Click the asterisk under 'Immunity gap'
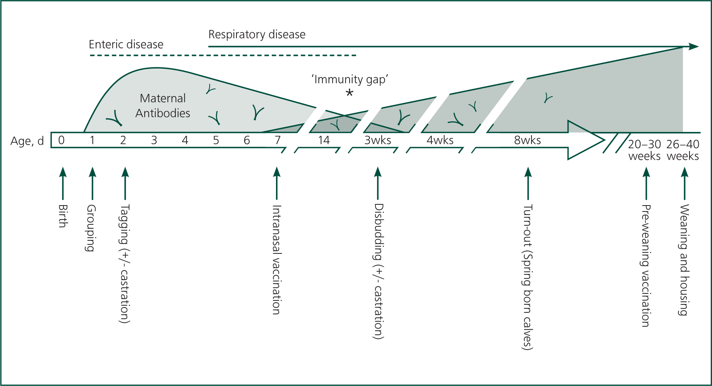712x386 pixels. pyautogui.click(x=349, y=93)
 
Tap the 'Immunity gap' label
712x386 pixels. pyautogui.click(x=350, y=80)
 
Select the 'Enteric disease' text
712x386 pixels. pyautogui.click(x=126, y=44)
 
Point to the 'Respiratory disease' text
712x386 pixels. pyautogui.click(x=257, y=34)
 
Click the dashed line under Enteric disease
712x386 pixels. pyautogui.click(x=223, y=55)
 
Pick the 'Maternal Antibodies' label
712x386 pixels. pyautogui.click(x=163, y=106)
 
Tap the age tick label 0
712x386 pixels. pyautogui.click(x=61, y=140)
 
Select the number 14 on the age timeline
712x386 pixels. pyautogui.click(x=324, y=140)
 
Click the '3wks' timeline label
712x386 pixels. pyautogui.click(x=378, y=140)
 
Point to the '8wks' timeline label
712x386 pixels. pyautogui.click(x=527, y=140)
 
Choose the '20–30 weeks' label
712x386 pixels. pyautogui.click(x=644, y=150)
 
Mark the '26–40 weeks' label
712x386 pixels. pyautogui.click(x=683, y=150)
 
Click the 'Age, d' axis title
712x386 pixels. pyautogui.click(x=27, y=141)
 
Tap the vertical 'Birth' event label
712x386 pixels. pyautogui.click(x=63, y=216)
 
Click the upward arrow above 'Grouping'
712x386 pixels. pyautogui.click(x=92, y=183)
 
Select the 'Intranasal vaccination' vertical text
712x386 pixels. pyautogui.click(x=277, y=260)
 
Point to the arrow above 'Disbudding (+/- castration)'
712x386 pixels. pyautogui.click(x=378, y=183)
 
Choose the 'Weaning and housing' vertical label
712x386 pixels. pyautogui.click(x=684, y=260)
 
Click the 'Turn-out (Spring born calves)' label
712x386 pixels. pyautogui.click(x=527, y=277)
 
